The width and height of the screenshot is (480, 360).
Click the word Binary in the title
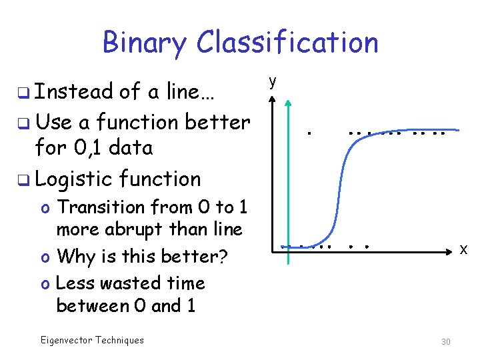(x=145, y=43)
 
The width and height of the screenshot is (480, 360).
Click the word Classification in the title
(x=287, y=43)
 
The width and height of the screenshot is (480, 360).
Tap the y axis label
(x=271, y=81)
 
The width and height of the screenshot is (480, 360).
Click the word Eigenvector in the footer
(x=65, y=340)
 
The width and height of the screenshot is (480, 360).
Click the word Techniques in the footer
(x=119, y=340)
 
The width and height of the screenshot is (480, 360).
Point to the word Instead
(x=73, y=92)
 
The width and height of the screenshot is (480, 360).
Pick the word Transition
(x=101, y=207)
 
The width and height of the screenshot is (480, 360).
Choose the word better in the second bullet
(x=217, y=122)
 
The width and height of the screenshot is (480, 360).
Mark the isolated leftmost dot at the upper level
(x=309, y=133)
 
